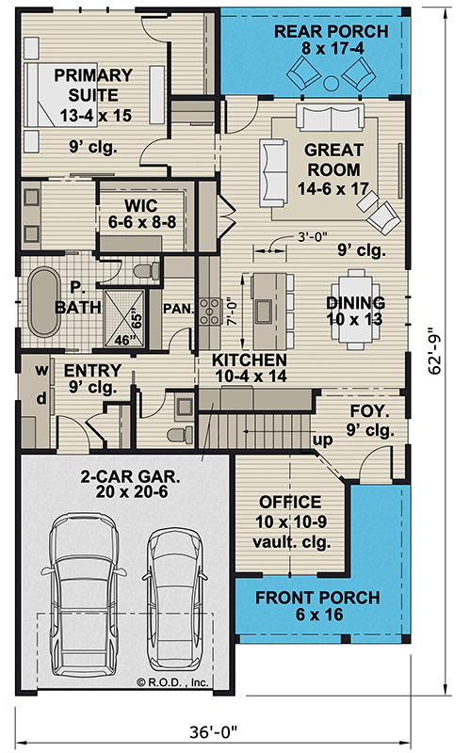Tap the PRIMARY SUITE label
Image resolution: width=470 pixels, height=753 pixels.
click(92, 94)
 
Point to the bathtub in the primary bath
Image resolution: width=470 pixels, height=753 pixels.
click(42, 305)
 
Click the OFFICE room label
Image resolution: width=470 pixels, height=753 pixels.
click(288, 512)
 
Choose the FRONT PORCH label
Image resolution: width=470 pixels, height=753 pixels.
click(317, 606)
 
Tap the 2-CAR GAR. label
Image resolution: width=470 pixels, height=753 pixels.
click(122, 484)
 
